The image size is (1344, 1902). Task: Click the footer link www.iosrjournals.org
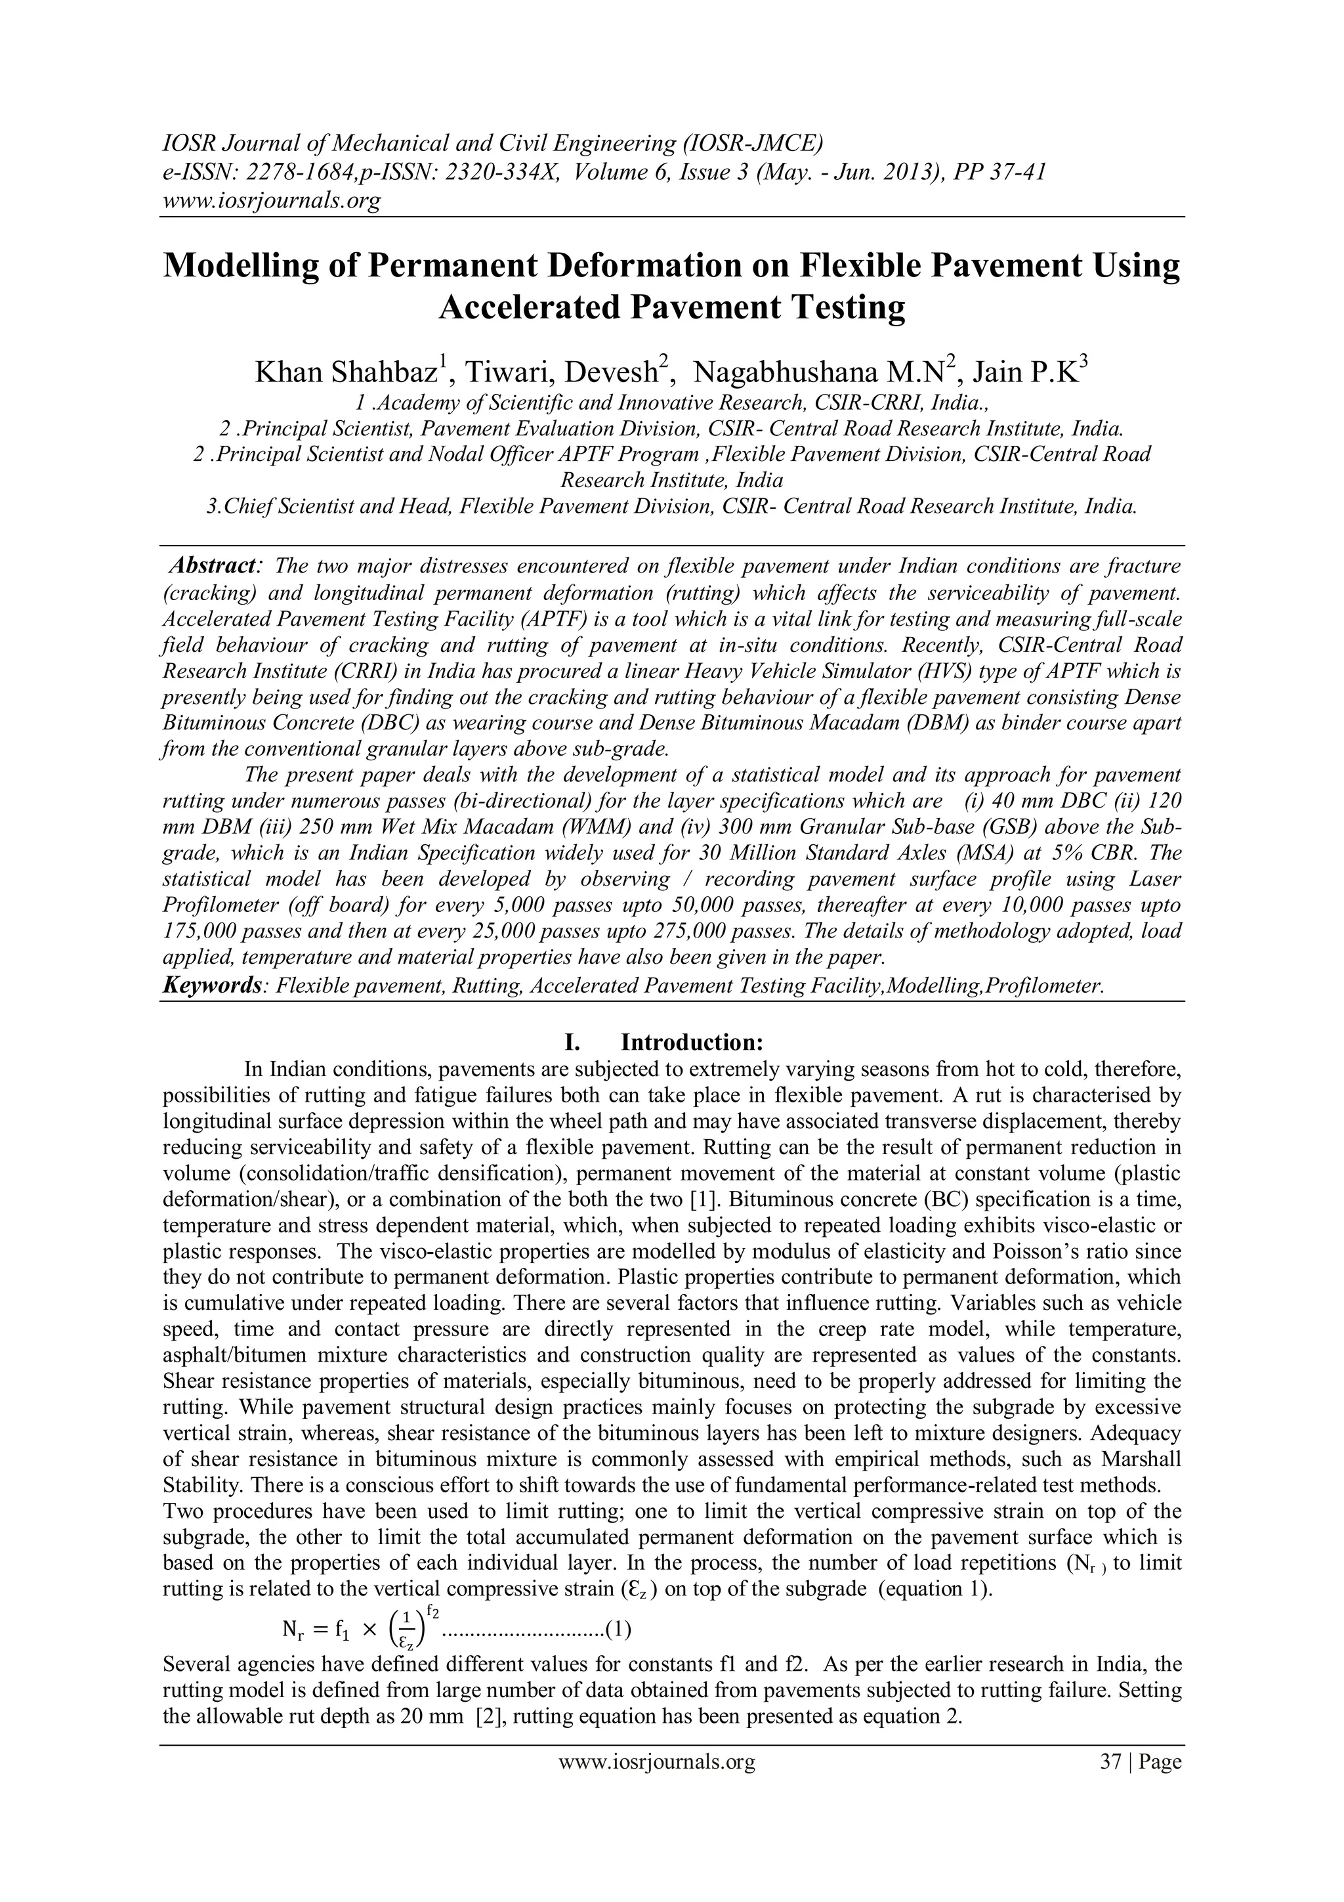point(657,1785)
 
